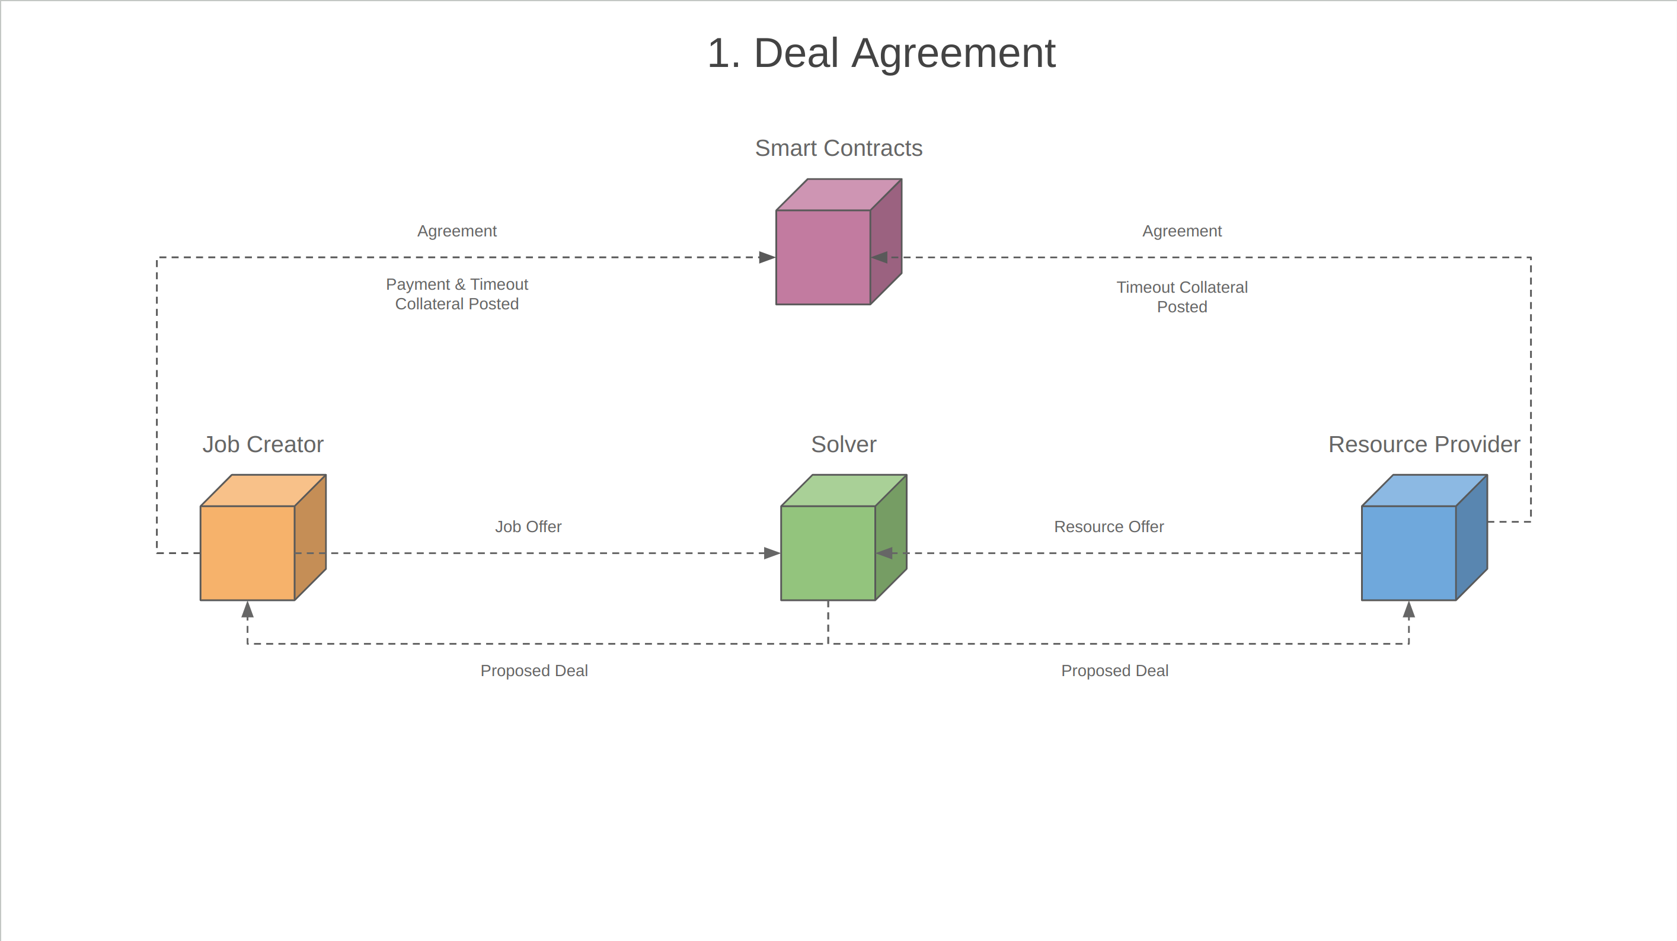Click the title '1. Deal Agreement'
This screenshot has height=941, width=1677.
pos(881,53)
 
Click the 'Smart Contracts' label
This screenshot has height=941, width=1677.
pos(838,148)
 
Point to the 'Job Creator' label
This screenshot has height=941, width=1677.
pos(263,444)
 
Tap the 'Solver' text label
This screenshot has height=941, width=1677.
pos(843,444)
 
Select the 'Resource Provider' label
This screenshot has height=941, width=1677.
pos(1424,444)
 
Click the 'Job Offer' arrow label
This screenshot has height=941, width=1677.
pos(528,526)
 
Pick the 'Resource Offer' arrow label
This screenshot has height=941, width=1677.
pos(1109,526)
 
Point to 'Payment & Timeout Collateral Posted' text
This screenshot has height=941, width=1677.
pos(457,294)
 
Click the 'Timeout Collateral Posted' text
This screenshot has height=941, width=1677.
pos(1181,297)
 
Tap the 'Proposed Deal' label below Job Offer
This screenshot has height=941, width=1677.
pos(534,670)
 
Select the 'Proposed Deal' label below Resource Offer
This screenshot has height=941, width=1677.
pos(1114,670)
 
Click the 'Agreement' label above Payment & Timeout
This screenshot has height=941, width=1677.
pos(457,231)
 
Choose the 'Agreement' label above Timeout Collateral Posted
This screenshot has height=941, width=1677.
pos(1181,231)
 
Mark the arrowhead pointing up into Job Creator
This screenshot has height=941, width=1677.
pos(247,610)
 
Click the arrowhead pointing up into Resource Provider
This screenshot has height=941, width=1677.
pos(1409,610)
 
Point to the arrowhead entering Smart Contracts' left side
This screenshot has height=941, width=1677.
pos(767,257)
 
